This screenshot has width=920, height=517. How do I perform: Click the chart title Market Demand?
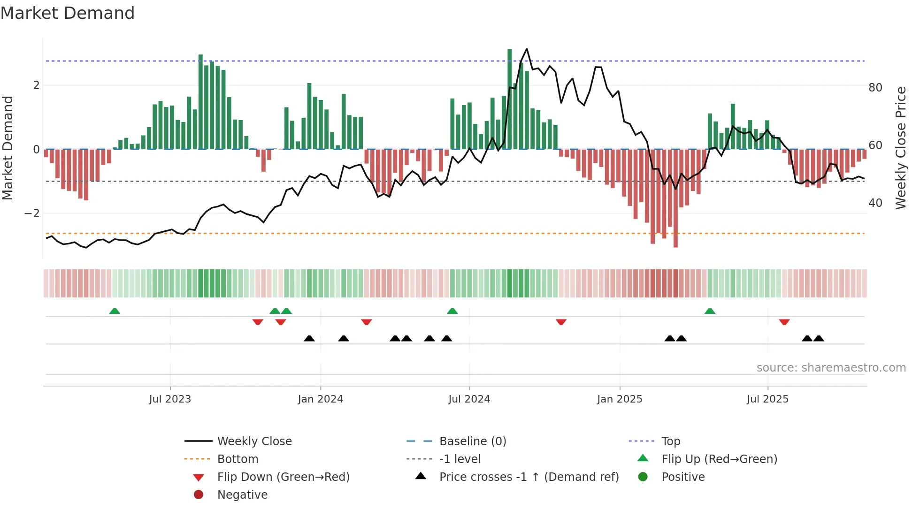[68, 13]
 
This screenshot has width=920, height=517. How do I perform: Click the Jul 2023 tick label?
[170, 399]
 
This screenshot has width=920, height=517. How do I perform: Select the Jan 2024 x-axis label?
[320, 399]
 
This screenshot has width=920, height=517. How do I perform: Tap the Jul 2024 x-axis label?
[469, 399]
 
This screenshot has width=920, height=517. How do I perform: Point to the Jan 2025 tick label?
[620, 399]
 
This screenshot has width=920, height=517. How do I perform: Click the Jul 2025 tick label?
[767, 399]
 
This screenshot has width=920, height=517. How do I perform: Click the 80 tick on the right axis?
[875, 88]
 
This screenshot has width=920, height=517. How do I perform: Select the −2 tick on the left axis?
[32, 213]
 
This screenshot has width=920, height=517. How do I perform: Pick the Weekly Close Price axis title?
[900, 148]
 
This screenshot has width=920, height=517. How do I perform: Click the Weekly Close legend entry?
[254, 441]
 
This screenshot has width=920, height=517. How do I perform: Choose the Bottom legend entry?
[238, 459]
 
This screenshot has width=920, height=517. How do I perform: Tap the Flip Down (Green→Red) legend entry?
[283, 477]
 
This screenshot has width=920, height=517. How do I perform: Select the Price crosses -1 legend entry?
[529, 477]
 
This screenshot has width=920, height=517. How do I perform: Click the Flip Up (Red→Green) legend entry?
[719, 459]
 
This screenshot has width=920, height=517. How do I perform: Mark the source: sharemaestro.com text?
[831, 368]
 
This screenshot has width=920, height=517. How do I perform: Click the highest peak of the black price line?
[527, 49]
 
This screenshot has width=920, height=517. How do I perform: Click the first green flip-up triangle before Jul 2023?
[115, 311]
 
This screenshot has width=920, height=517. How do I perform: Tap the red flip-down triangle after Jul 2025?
[784, 322]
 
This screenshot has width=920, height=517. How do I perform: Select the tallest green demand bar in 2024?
[510, 99]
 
